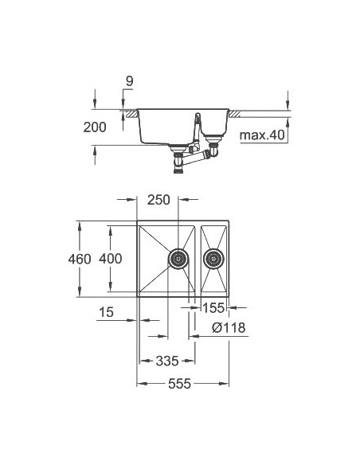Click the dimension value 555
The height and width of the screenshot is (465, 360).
(181, 384)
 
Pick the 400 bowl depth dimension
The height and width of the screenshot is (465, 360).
(112, 259)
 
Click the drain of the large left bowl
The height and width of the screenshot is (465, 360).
(178, 258)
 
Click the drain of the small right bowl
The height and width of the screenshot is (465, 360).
(213, 258)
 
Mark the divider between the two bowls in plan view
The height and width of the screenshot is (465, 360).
(198, 259)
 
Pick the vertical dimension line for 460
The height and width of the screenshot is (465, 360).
(80, 260)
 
